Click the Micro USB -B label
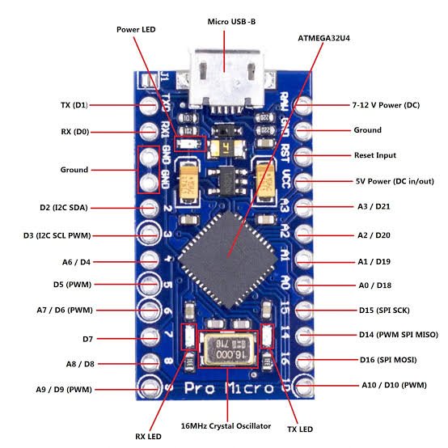coord(231,22)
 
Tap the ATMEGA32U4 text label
coord(323,38)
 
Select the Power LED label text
coord(136,29)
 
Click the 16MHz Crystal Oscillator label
coord(226,426)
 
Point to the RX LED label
coord(148,437)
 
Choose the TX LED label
coord(300,429)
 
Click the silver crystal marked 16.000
coord(229,350)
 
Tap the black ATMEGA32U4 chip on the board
coord(228,260)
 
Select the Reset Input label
coord(375,155)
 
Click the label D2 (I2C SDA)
coord(64,208)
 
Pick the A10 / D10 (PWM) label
coord(395,385)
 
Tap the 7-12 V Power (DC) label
coord(386,105)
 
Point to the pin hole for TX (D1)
coord(149,106)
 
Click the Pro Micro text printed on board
coord(229,388)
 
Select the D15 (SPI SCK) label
coord(384,311)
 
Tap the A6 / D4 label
coord(76,262)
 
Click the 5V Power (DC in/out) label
coord(395,181)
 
